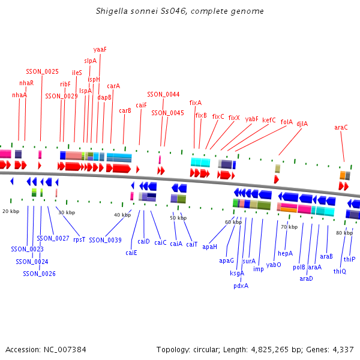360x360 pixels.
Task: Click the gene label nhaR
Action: (26, 83)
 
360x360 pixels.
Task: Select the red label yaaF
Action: (100, 49)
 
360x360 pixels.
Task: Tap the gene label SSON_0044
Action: (163, 94)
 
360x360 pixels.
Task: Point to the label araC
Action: (341, 127)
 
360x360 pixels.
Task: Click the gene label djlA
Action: (302, 124)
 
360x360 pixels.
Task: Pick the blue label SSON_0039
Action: (105, 240)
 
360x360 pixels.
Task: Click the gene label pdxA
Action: (241, 286)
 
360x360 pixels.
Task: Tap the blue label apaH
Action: (209, 247)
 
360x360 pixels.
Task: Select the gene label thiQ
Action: (340, 271)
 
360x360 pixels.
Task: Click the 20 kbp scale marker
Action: (11, 211)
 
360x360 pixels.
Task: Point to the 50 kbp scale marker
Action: (178, 218)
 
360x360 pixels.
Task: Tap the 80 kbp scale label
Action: (344, 233)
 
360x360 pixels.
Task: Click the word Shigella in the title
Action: (112, 11)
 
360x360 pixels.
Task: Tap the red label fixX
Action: (234, 118)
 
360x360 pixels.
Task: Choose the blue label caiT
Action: (191, 244)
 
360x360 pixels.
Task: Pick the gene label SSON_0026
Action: (39, 274)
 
